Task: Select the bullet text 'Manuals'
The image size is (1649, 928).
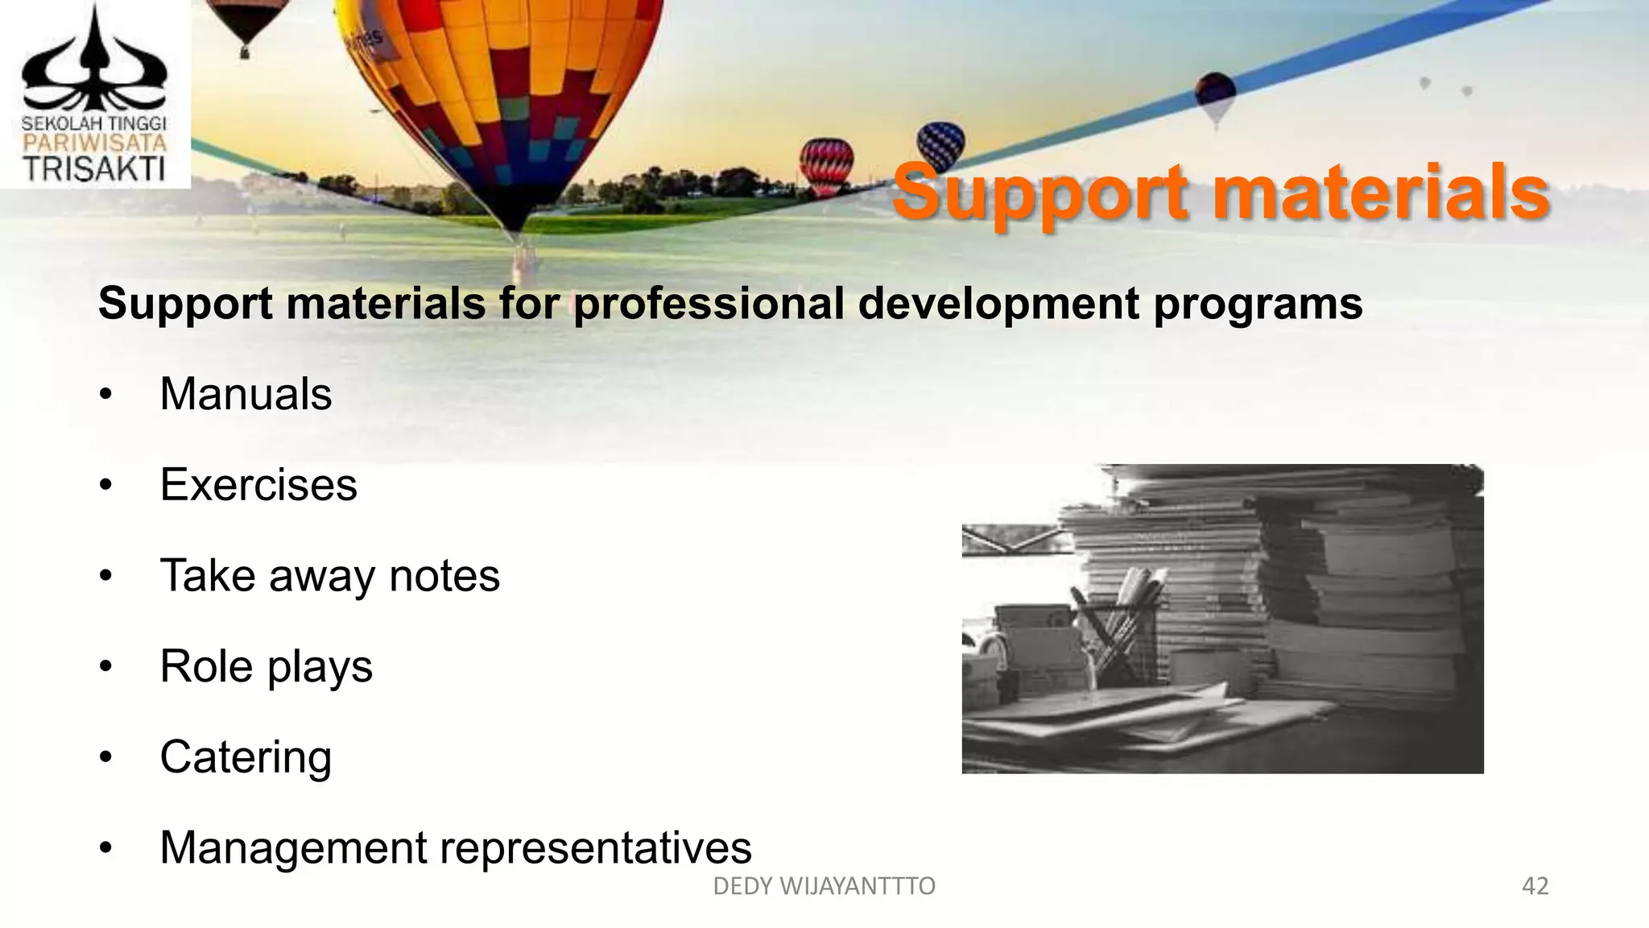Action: tap(246, 394)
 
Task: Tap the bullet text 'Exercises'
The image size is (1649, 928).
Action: tap(258, 485)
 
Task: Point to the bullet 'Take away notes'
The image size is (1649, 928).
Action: tap(329, 576)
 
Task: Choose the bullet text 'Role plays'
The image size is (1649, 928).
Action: tap(266, 667)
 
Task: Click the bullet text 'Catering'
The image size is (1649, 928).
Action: tap(246, 757)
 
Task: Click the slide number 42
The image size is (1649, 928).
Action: tap(1535, 886)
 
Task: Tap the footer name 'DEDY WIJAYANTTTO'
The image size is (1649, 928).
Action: tap(824, 886)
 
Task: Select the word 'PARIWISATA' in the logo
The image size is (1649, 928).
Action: tap(94, 143)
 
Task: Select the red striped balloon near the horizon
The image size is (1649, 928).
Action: tap(826, 164)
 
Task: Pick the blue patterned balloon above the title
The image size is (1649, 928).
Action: tap(940, 143)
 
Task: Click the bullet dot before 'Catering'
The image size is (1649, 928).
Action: tap(105, 758)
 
